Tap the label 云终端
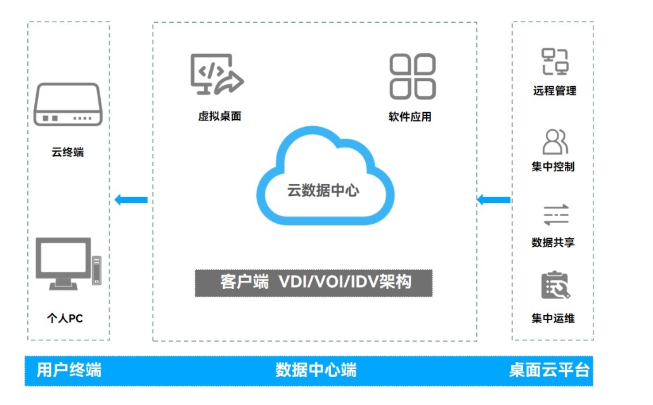pyautogui.click(x=68, y=153)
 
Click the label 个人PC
pyautogui.click(x=65, y=318)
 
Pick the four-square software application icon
pyautogui.click(x=412, y=76)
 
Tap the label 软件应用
pyautogui.click(x=410, y=117)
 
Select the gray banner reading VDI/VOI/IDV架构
pyautogui.click(x=313, y=283)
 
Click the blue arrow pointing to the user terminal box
pyautogui.click(x=131, y=200)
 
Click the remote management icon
pyautogui.click(x=555, y=61)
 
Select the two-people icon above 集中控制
pyautogui.click(x=555, y=142)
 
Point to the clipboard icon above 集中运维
pyautogui.click(x=555, y=286)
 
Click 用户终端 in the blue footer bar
pyautogui.click(x=69, y=370)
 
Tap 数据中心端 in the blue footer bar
pyautogui.click(x=316, y=370)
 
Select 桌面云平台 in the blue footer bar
pyautogui.click(x=549, y=370)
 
